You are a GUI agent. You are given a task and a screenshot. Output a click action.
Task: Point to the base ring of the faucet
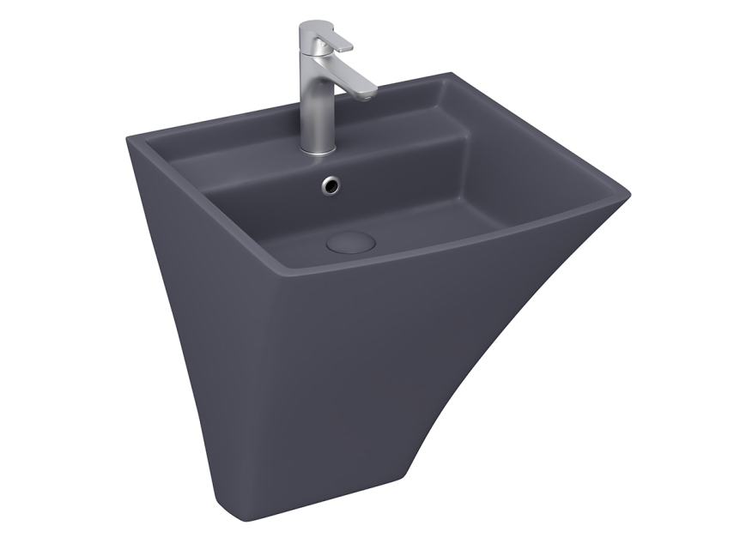pyautogui.click(x=317, y=150)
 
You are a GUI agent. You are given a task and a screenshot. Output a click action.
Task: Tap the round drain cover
pyautogui.click(x=351, y=241)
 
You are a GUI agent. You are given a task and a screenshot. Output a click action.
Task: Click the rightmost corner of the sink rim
pyautogui.click(x=627, y=196)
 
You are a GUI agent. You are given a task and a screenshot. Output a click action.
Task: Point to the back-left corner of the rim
pyautogui.click(x=130, y=137)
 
